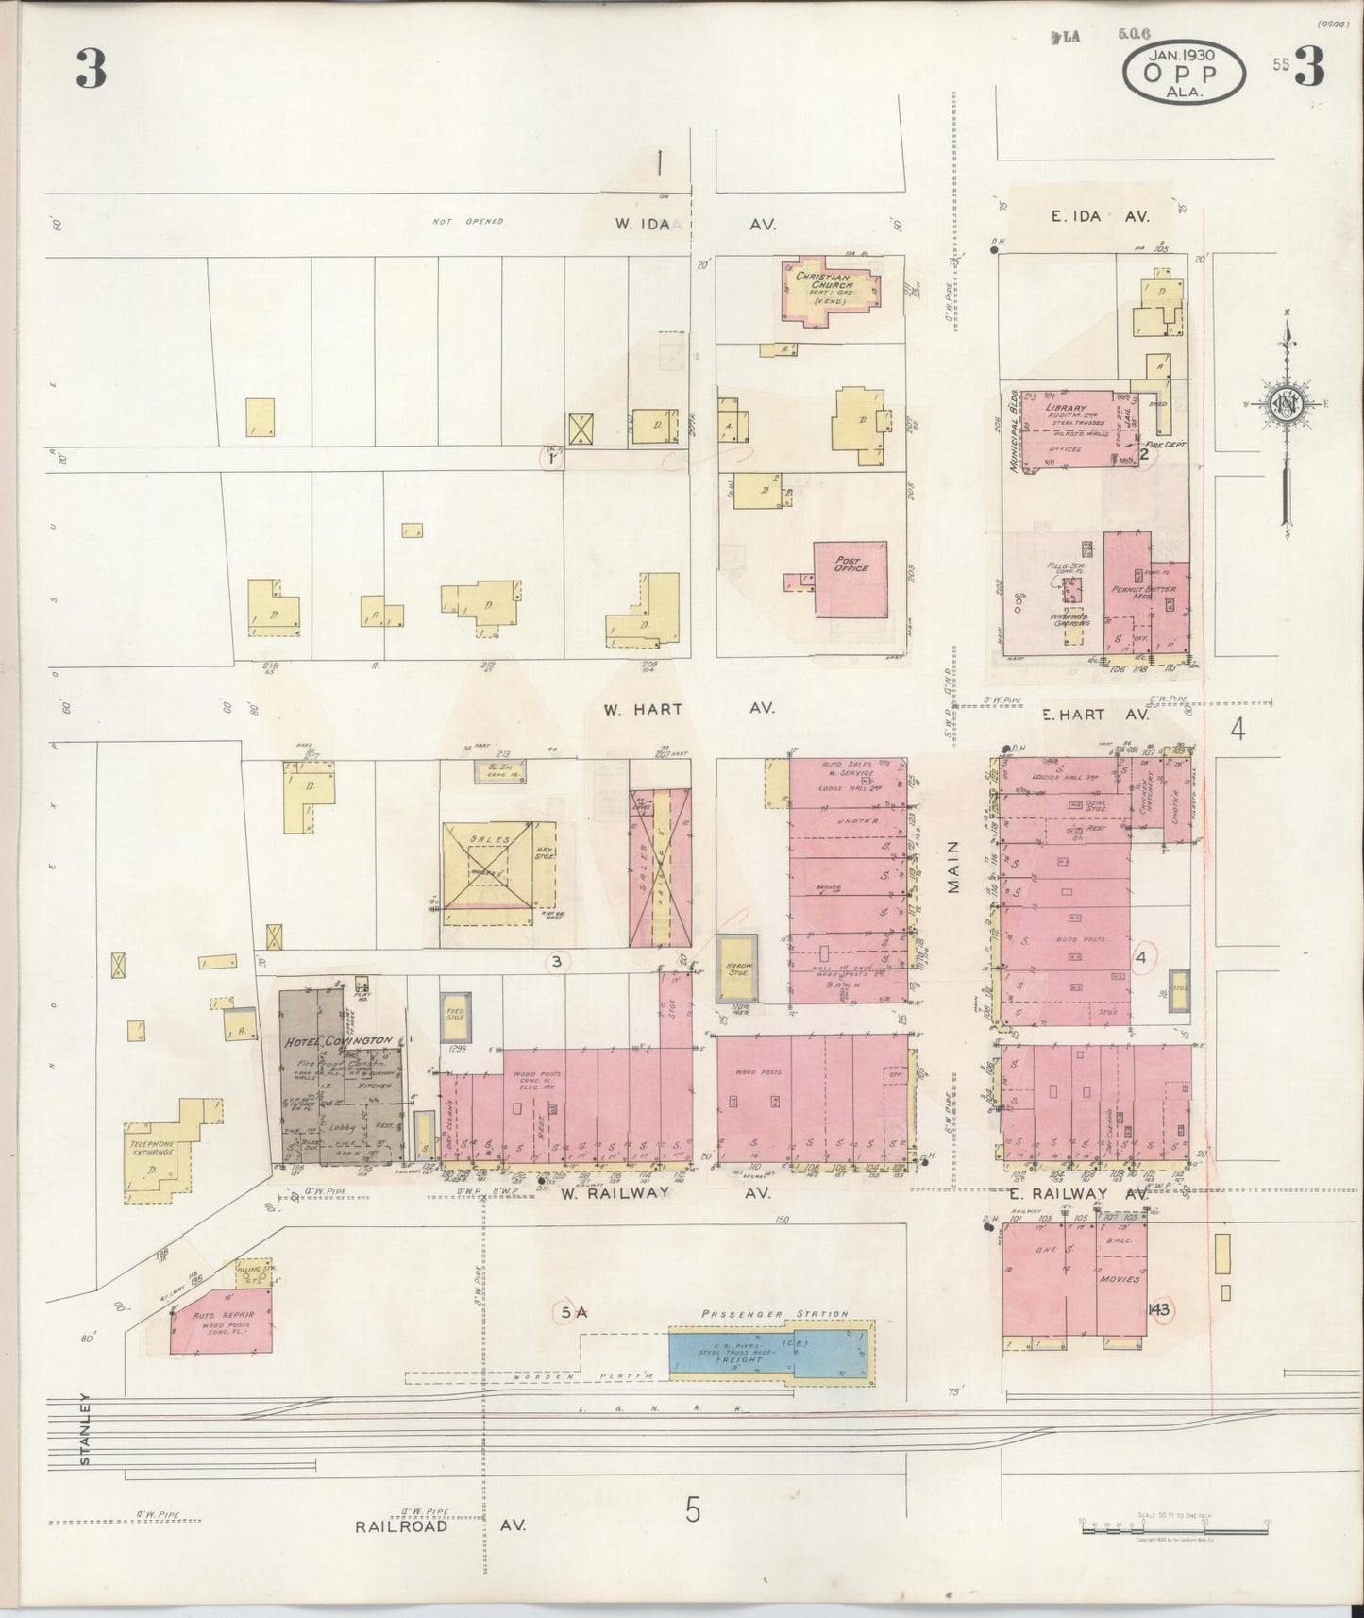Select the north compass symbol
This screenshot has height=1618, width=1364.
[1286, 406]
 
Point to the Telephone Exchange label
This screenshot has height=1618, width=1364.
[152, 1148]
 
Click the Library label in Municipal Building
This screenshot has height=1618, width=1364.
[1067, 409]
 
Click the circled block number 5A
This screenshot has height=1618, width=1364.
[574, 1312]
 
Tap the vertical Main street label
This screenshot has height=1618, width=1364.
[952, 867]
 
